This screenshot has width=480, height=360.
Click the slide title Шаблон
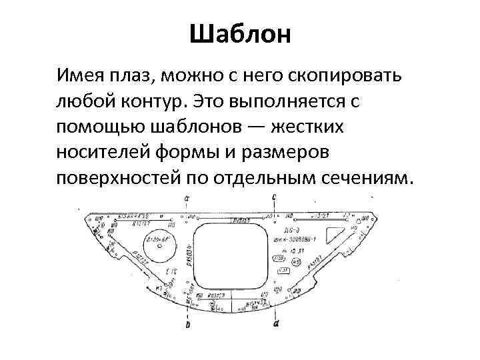tap(240, 34)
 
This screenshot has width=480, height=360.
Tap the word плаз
tap(134, 75)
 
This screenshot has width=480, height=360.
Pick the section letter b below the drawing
tap(187, 325)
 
